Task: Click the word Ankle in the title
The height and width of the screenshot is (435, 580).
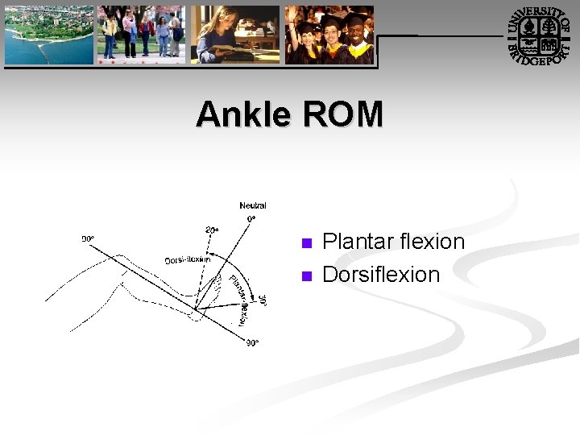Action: click(x=243, y=114)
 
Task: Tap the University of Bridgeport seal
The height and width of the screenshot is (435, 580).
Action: click(x=537, y=35)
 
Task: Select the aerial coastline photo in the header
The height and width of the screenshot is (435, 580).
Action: click(x=49, y=35)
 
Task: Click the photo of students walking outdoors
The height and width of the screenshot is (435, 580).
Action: click(x=142, y=35)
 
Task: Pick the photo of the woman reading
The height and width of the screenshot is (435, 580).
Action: click(x=235, y=35)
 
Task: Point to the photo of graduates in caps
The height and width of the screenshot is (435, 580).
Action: click(x=329, y=35)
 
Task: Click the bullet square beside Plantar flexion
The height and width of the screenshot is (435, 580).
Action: click(x=305, y=243)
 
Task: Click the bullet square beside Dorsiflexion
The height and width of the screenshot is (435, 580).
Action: click(x=305, y=276)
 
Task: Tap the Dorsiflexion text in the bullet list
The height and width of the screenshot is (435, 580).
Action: click(x=381, y=275)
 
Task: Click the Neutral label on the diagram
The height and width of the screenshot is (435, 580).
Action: click(x=252, y=206)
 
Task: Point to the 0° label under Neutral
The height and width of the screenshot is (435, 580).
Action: click(x=252, y=218)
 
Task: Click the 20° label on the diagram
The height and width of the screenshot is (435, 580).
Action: click(x=212, y=230)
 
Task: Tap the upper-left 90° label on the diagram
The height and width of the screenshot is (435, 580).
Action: click(x=88, y=238)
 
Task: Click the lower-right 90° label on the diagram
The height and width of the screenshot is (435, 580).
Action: click(x=252, y=343)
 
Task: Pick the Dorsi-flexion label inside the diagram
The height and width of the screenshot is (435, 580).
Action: click(x=187, y=259)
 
